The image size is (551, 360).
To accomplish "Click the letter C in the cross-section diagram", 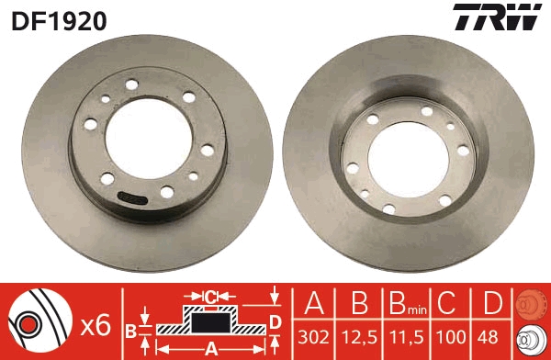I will pos(211,296).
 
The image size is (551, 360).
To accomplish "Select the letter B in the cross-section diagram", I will pos(131,328).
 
